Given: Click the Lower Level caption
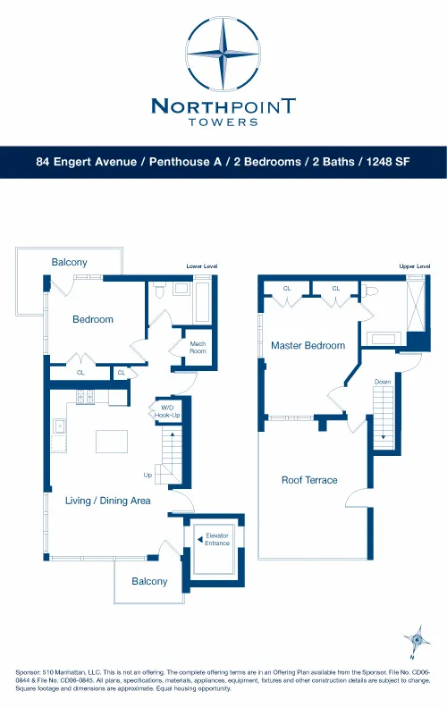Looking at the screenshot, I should [201, 266].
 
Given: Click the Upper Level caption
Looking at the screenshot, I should [415, 266].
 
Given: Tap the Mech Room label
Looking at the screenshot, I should [198, 348].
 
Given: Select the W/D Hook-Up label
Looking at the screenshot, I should [167, 412].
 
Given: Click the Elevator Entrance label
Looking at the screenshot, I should [217, 539].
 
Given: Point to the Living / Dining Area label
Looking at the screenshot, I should [107, 501].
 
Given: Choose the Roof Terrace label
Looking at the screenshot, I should [309, 480].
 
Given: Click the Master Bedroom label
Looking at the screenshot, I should [308, 345].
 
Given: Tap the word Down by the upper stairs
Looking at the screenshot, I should [383, 382].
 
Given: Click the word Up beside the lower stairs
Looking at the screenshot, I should [148, 475].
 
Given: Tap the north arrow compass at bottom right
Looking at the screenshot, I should [414, 640].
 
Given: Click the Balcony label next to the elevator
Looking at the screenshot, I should [149, 581].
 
